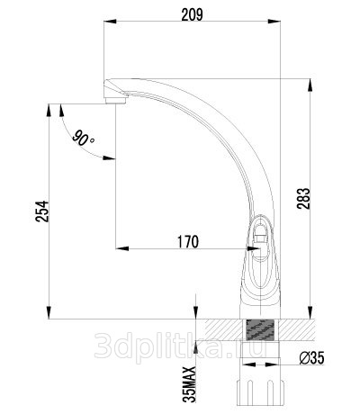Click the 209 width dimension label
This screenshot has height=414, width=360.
(192, 14)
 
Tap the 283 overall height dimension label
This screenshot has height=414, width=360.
(303, 198)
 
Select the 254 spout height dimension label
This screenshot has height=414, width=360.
(41, 211)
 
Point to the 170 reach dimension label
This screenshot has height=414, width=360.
(188, 242)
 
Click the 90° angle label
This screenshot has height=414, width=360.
(83, 138)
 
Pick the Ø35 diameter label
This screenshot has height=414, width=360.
(311, 358)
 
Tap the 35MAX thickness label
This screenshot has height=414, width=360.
(189, 384)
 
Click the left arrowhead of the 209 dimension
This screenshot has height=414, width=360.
(110, 22)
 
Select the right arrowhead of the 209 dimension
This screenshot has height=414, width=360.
(274, 22)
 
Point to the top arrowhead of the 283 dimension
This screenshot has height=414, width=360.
(310, 85)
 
